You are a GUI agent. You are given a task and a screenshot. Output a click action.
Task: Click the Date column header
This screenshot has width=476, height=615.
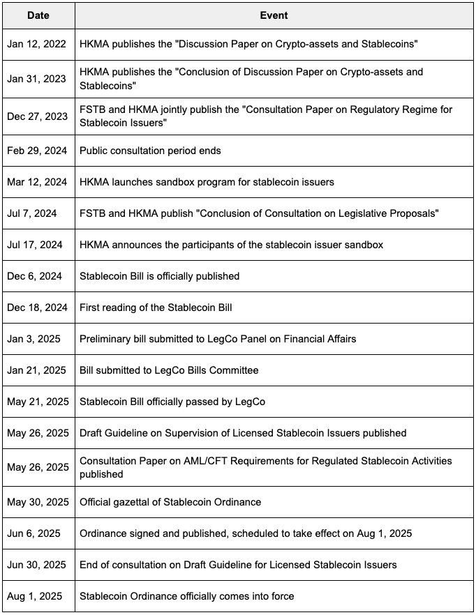click(38, 15)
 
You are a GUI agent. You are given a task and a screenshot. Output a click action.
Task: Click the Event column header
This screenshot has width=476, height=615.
click(273, 15)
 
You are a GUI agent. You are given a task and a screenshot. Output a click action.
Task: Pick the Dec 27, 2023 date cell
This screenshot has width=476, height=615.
click(38, 116)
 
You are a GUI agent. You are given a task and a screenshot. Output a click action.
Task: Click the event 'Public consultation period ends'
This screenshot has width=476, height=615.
click(149, 150)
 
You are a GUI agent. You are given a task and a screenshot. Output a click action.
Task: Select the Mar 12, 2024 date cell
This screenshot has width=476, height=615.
click(38, 182)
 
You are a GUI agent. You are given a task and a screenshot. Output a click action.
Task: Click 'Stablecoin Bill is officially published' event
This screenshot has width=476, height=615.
click(160, 276)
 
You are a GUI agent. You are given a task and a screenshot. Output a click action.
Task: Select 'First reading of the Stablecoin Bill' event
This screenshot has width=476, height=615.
click(156, 307)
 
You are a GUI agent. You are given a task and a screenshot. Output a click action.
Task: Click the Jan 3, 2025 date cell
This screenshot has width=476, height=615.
click(34, 339)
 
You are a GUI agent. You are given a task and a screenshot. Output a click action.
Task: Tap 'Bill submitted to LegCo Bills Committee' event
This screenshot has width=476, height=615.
click(169, 370)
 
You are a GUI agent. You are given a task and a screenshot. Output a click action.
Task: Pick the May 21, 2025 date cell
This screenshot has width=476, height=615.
click(38, 402)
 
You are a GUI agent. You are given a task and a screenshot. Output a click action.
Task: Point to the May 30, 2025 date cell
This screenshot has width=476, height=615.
click(38, 502)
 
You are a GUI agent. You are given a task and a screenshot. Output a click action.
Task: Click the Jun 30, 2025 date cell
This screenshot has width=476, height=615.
click(38, 565)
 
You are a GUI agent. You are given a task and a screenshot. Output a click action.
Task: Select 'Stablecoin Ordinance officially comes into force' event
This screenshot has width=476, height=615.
click(187, 596)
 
